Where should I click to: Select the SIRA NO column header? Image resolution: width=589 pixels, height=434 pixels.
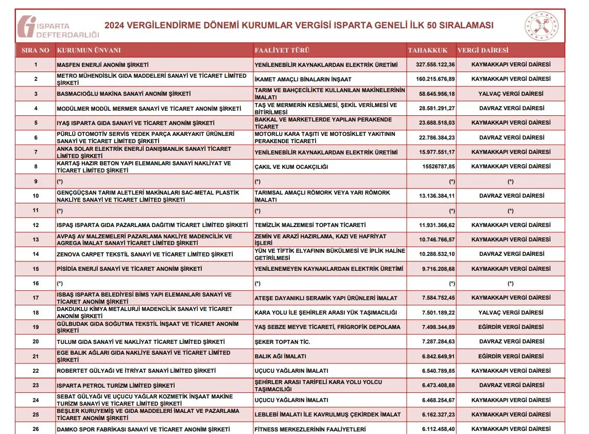tap(36, 50)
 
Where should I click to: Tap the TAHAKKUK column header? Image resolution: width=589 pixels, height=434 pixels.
tap(428, 50)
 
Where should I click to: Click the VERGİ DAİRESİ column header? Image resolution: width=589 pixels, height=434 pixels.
tap(482, 50)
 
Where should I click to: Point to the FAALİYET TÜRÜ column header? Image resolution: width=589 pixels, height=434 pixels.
tap(282, 50)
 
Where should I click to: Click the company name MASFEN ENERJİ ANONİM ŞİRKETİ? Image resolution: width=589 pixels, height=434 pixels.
tap(102, 65)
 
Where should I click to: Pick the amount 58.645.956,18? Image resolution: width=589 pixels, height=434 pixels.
tap(437, 94)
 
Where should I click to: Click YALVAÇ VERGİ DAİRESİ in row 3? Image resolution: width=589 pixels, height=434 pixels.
tap(511, 94)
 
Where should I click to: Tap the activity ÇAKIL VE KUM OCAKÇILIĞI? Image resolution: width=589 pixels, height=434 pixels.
tap(291, 167)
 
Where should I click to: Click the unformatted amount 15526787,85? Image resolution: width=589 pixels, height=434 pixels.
tap(438, 167)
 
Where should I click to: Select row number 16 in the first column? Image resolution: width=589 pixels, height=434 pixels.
tap(36, 284)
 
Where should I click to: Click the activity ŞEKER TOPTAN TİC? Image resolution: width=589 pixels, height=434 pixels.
tap(283, 342)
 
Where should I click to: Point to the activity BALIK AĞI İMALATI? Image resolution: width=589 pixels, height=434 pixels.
tap(281, 356)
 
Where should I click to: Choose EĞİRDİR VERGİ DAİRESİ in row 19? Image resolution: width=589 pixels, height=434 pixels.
tap(511, 327)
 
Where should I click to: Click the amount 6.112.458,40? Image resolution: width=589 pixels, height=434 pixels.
tap(438, 429)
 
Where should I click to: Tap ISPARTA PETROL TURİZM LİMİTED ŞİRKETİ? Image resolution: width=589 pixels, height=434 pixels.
tap(116, 386)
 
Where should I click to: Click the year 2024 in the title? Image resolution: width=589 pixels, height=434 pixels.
tap(116, 25)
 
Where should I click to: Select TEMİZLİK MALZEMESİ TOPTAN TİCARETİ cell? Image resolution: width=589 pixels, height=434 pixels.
tap(310, 225)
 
